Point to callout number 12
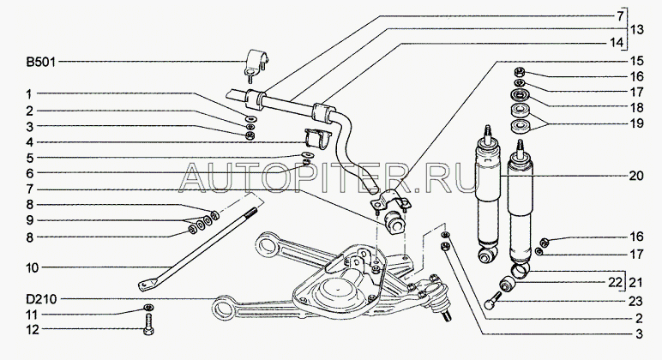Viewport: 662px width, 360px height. point(30,329)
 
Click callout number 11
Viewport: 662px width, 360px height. point(30,314)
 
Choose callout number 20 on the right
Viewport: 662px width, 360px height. point(635,176)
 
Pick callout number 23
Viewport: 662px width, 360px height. point(635,299)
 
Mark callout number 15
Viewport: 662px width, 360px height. point(635,62)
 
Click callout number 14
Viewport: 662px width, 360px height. point(635,42)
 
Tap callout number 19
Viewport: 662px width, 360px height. point(635,123)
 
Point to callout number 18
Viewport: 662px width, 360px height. point(635,107)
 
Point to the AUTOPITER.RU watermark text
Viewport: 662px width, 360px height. point(331,179)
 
